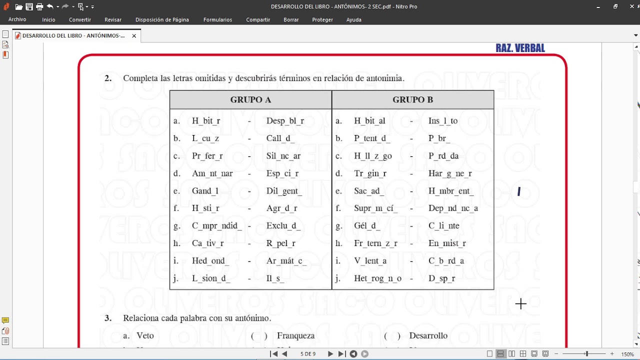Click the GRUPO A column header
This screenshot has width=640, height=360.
(250, 99)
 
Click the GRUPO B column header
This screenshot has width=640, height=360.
(412, 99)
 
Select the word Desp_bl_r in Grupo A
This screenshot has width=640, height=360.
(285, 121)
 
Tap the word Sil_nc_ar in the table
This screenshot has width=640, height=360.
(283, 156)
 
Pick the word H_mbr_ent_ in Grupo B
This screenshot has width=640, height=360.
(451, 191)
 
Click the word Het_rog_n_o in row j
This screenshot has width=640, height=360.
(377, 278)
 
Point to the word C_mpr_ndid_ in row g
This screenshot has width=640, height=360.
(217, 226)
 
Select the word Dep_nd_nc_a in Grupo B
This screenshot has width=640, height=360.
(453, 208)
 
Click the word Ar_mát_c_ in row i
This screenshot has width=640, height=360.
(286, 261)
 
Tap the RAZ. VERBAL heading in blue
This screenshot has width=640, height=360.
(520, 48)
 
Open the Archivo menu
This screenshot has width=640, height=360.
(17, 19)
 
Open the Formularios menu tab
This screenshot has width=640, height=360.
(217, 19)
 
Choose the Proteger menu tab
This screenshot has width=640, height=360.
(322, 19)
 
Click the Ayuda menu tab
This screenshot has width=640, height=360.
(353, 19)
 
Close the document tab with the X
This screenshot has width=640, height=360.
(134, 36)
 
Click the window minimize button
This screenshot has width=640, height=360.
(598, 6)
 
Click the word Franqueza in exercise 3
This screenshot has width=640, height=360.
(295, 336)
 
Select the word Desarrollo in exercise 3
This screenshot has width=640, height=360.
(428, 336)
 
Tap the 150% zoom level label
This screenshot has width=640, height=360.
(628, 354)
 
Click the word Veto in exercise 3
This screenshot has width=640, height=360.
(145, 336)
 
